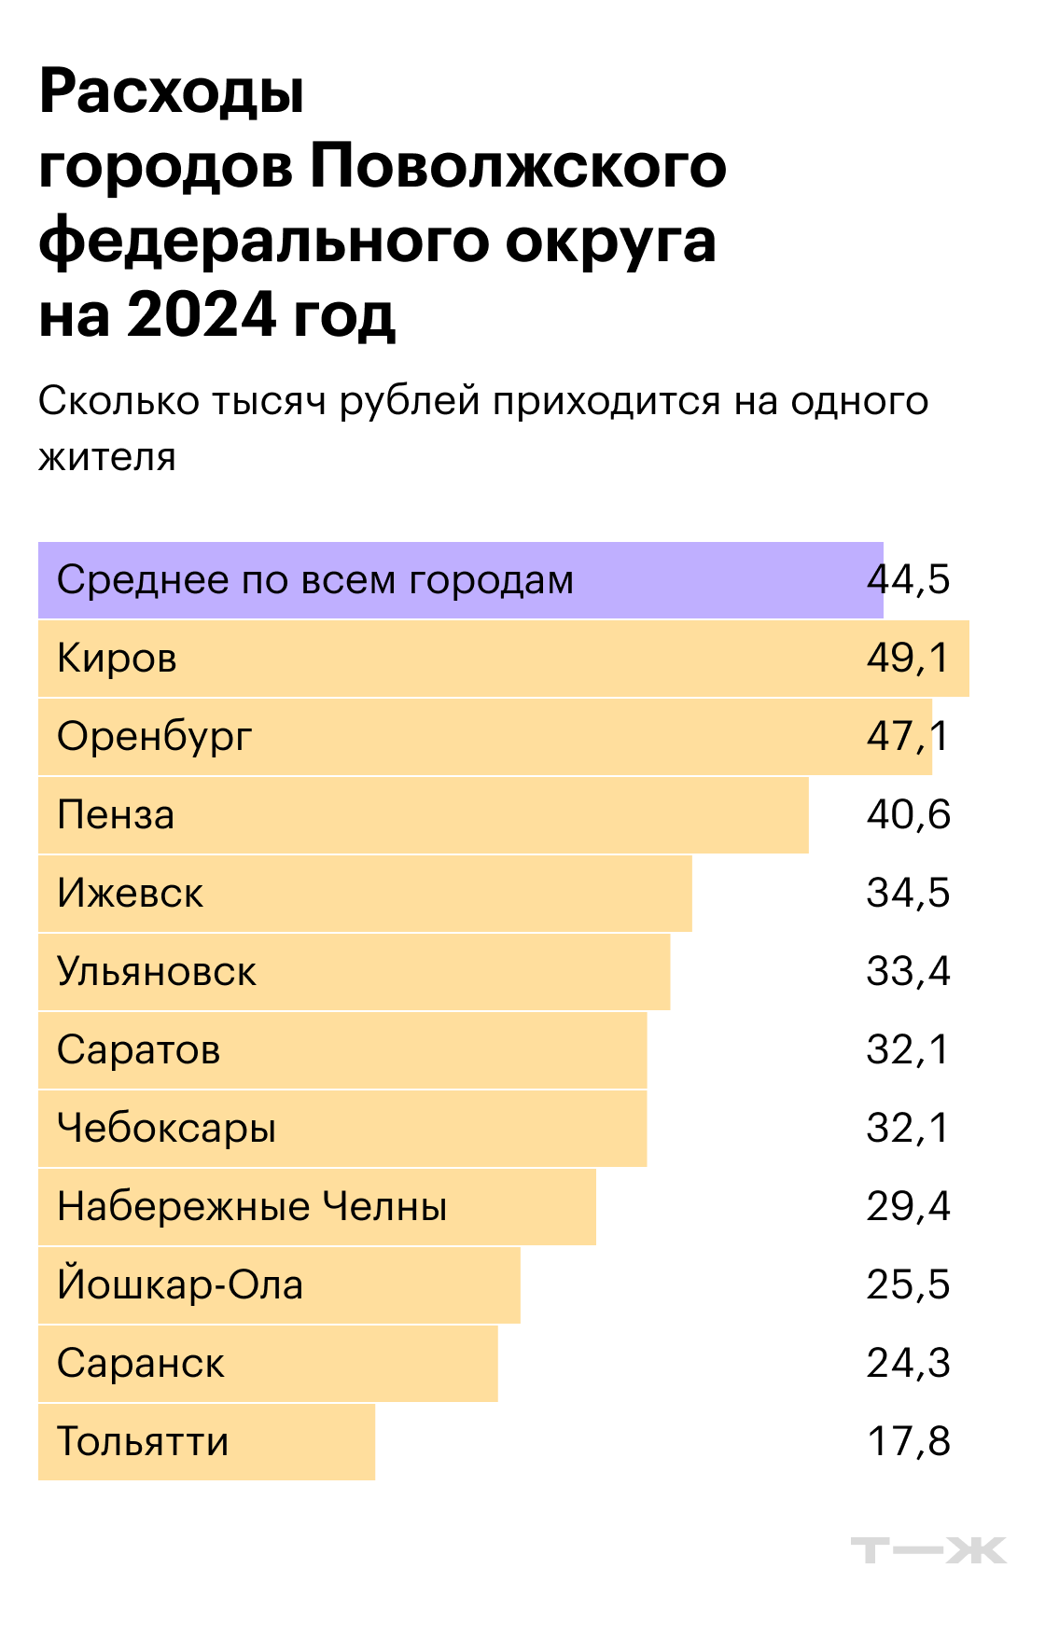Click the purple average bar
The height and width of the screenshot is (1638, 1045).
[460, 580]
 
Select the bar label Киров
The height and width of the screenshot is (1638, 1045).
[117, 659]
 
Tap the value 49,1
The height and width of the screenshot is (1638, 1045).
[907, 659]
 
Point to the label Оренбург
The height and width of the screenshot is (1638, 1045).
[154, 737]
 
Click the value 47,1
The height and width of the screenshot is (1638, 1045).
[907, 737]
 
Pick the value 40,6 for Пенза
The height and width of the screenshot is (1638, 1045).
[908, 815]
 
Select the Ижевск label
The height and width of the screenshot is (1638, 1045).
[130, 894]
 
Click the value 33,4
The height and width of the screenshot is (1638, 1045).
[908, 972]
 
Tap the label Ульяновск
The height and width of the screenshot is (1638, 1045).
[156, 972]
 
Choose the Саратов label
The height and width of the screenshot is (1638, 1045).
[138, 1050]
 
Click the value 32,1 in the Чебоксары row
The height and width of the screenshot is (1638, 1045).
[907, 1129]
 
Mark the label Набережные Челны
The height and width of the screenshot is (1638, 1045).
[252, 1207]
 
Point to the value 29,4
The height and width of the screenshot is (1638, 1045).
[908, 1207]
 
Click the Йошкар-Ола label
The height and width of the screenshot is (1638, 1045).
[180, 1284]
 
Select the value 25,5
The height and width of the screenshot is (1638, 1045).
[908, 1285]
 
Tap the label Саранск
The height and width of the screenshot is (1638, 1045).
[140, 1364]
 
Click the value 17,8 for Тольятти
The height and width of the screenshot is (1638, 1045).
[908, 1442]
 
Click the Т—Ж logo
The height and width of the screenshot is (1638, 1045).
[928, 1550]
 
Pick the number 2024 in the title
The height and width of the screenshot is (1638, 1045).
[202, 314]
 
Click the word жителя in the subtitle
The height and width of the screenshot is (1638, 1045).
[107, 457]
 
